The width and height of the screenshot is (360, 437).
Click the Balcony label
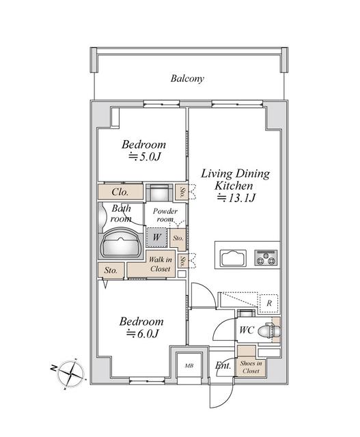[x=187, y=79]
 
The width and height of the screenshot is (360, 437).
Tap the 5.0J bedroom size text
[x=144, y=158]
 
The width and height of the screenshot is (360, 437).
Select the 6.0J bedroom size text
[x=143, y=334]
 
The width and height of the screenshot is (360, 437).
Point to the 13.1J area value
[x=235, y=199]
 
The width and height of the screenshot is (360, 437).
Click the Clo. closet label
[x=120, y=193]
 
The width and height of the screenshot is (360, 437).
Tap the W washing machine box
[x=156, y=237]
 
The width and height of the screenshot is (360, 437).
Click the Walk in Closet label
[x=161, y=264]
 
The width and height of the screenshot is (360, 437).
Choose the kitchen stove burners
[x=265, y=259]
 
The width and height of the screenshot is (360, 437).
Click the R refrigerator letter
[x=270, y=302]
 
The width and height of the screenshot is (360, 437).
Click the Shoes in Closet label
[x=251, y=367]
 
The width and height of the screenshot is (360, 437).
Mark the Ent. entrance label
[x=223, y=366]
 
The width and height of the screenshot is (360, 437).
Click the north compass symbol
[x=71, y=373]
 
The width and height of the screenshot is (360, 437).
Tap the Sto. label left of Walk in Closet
[x=111, y=270]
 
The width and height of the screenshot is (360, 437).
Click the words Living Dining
[x=234, y=173]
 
